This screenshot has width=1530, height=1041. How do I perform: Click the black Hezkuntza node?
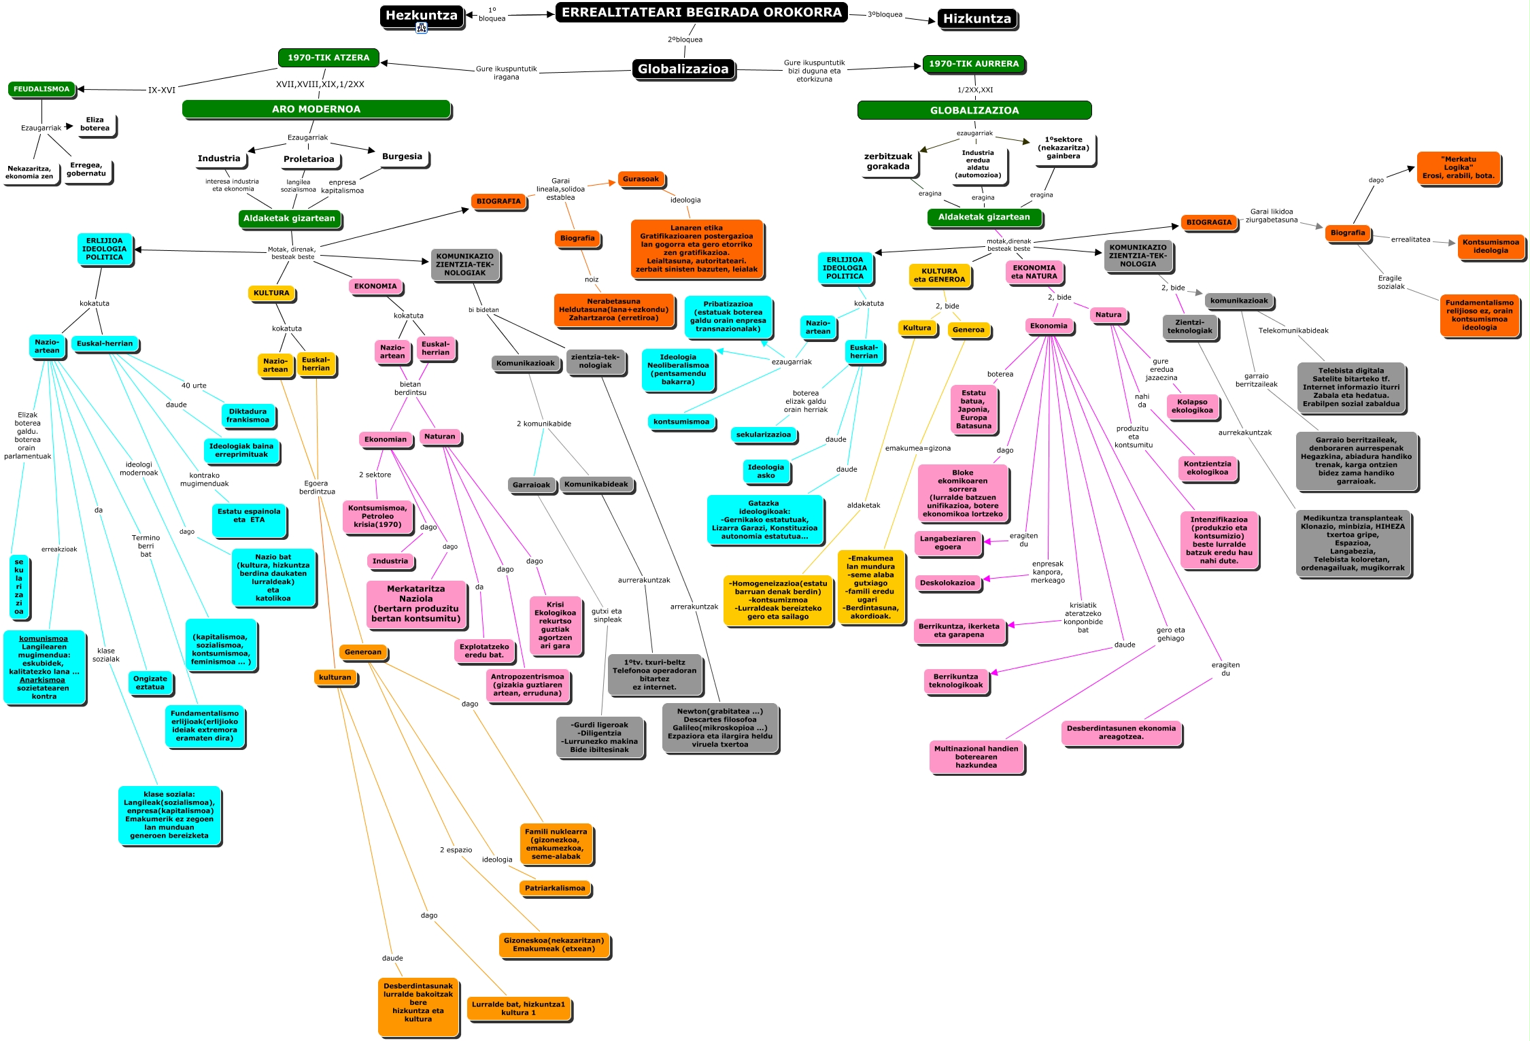421,15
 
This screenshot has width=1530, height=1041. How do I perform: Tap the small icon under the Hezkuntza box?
422,28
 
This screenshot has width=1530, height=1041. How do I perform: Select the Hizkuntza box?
976,18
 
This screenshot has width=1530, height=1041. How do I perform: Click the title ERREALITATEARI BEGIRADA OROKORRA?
701,12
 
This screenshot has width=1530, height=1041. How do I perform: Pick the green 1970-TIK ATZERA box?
328,58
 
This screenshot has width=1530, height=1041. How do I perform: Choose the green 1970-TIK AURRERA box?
974,64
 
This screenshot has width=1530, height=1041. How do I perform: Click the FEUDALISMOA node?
41,89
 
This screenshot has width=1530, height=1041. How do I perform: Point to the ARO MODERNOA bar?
316,109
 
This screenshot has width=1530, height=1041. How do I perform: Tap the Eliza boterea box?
95,124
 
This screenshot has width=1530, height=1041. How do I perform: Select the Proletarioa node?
309,159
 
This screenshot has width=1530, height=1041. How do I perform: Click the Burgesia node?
402,156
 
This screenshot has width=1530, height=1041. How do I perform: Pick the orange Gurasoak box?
641,180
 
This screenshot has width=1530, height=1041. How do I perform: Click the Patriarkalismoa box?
555,888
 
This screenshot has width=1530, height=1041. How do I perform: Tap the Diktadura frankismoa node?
248,415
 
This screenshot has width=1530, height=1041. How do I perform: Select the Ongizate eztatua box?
150,683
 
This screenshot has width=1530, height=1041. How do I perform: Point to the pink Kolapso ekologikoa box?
1192,406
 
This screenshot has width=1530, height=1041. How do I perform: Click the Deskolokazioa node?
947,583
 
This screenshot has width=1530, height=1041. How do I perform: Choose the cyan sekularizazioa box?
763,434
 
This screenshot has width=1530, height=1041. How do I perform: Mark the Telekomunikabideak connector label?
1293,330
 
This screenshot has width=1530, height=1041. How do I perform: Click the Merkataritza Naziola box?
416,604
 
